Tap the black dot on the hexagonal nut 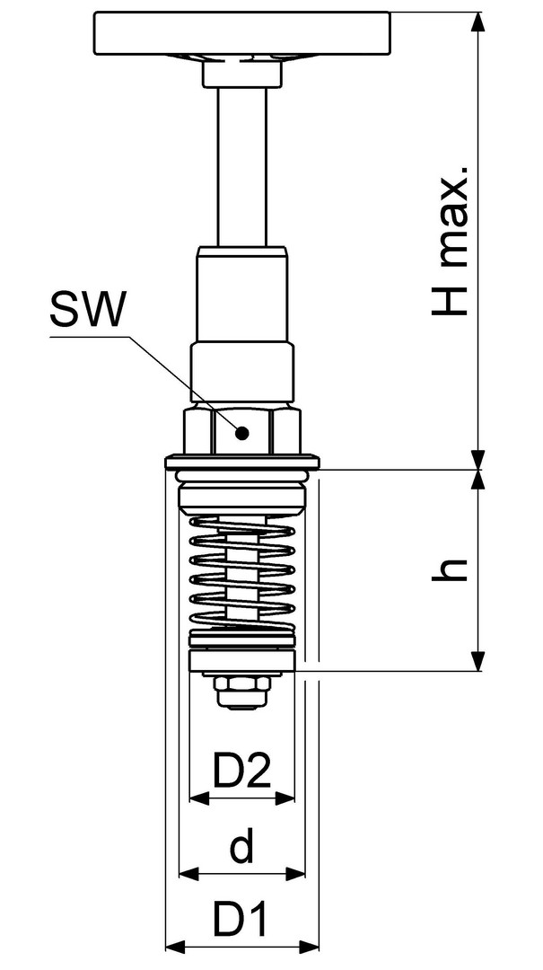242,433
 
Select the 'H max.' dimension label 451,241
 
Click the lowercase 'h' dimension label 449,569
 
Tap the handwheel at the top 241,33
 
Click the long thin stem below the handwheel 241,166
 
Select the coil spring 241,571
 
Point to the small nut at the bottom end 241,691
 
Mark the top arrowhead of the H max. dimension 477,22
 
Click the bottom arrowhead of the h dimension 477,661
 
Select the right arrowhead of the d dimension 295,874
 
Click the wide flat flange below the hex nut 242,462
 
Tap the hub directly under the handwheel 241,73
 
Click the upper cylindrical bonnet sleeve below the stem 241,295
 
